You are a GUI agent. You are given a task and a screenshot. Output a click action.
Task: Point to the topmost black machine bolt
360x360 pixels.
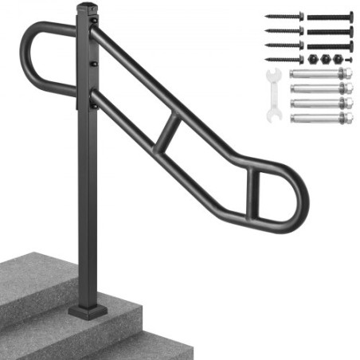[330, 16]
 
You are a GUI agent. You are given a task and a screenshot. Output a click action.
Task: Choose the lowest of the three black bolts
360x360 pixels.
[330, 45]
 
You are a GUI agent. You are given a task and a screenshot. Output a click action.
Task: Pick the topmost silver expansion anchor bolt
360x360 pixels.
[323, 74]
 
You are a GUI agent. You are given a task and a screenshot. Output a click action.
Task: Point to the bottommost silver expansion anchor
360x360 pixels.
[323, 119]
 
